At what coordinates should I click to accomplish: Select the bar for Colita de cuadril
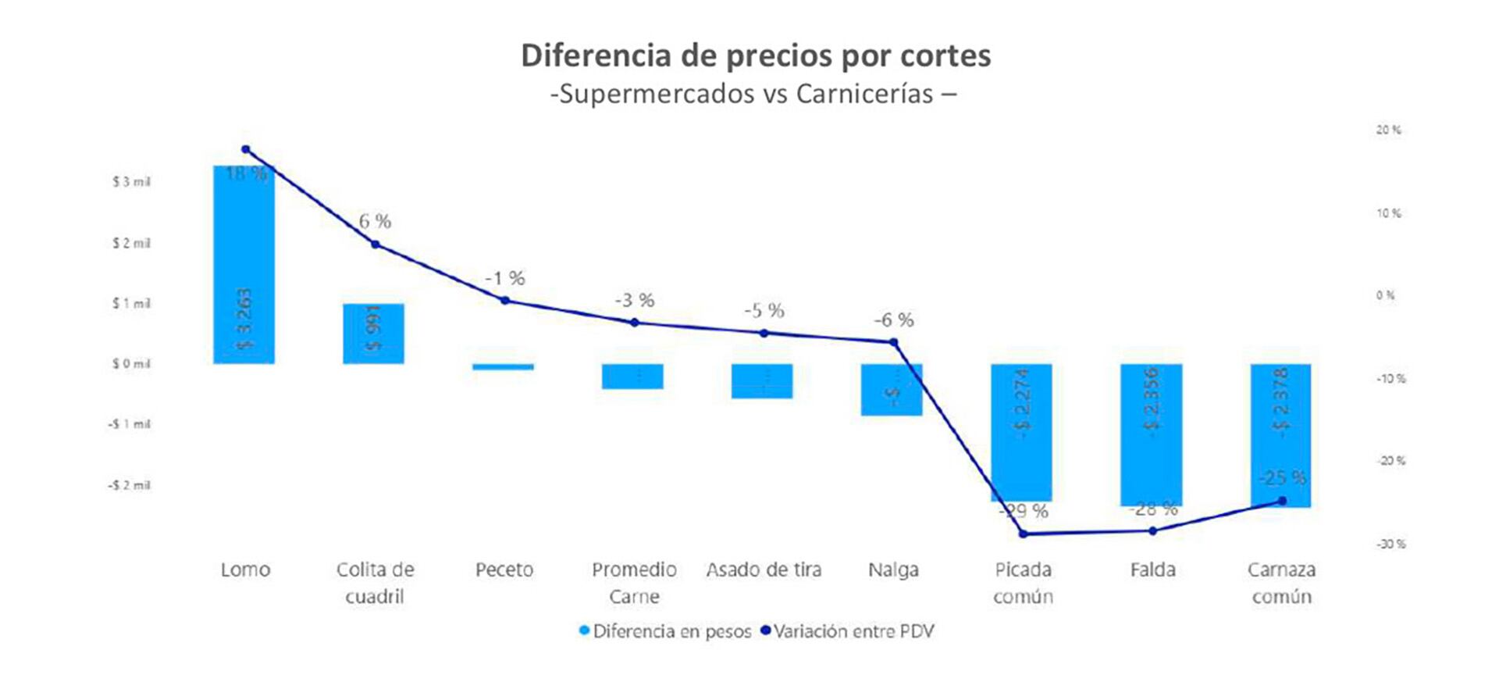pyautogui.click(x=373, y=334)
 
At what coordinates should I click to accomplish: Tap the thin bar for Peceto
pyautogui.click(x=504, y=366)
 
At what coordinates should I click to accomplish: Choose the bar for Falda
pyautogui.click(x=1151, y=434)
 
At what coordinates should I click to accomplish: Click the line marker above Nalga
pyautogui.click(x=894, y=342)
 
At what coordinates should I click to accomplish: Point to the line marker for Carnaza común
pyautogui.click(x=1282, y=501)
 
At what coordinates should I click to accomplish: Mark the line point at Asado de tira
pyautogui.click(x=764, y=333)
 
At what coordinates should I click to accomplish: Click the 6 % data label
pyautogui.click(x=375, y=221)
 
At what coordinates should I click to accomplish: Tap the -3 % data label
pyautogui.click(x=634, y=300)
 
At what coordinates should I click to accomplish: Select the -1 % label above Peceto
pyautogui.click(x=504, y=278)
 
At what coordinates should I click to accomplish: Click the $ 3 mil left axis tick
pyautogui.click(x=131, y=182)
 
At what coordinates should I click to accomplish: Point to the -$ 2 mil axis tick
pyautogui.click(x=129, y=485)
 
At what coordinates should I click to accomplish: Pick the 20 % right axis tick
pyautogui.click(x=1388, y=130)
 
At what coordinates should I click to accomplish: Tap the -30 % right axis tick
pyautogui.click(x=1390, y=544)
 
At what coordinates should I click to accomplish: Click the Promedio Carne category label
pyautogui.click(x=634, y=583)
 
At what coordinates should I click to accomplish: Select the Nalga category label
pyautogui.click(x=893, y=570)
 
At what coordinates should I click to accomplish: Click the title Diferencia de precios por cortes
pyautogui.click(x=756, y=55)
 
